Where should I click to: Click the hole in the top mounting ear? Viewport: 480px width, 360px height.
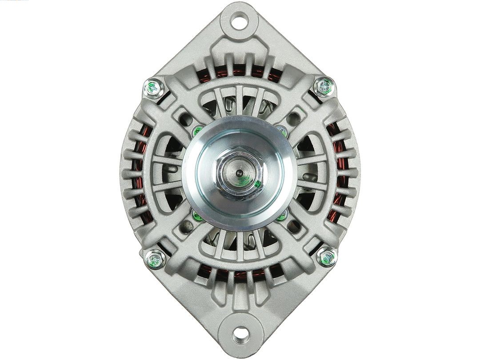tap(240, 20)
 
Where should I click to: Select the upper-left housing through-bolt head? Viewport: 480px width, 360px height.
tap(154, 88)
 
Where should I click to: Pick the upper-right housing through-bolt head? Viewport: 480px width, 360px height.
tap(324, 87)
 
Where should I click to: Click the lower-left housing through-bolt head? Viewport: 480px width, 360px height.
tap(155, 258)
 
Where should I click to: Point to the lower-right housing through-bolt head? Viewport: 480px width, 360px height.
tap(327, 257)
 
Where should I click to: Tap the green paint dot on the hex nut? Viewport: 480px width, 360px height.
tap(257, 184)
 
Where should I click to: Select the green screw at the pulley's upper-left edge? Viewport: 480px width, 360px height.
tap(197, 130)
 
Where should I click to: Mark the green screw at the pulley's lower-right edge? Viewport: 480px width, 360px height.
tap(282, 216)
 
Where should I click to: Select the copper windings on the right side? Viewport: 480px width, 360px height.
tap(340, 173)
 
